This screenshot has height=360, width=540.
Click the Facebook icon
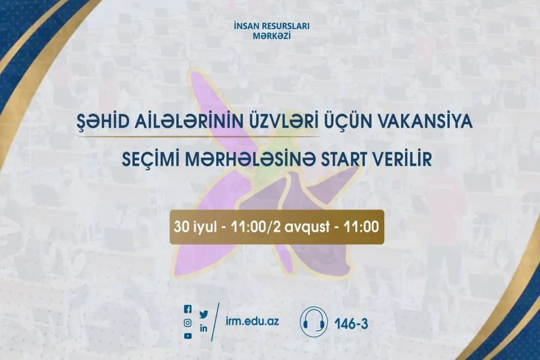point(188,309)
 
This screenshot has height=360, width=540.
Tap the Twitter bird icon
point(204,315)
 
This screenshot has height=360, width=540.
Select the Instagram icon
point(188,323)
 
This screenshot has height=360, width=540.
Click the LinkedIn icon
point(204,328)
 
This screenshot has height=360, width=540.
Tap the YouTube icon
point(188,336)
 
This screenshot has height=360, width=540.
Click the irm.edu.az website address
point(252,321)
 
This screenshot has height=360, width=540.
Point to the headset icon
point(314,322)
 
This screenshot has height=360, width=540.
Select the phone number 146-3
point(351,324)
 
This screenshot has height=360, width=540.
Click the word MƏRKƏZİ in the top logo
point(272,36)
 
